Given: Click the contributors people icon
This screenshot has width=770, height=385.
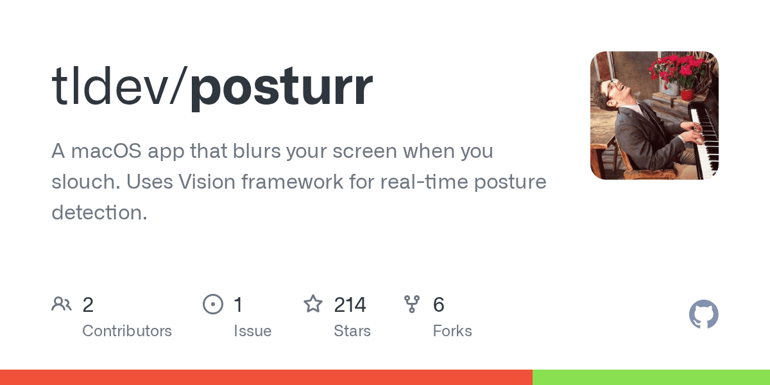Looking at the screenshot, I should pyautogui.click(x=62, y=304).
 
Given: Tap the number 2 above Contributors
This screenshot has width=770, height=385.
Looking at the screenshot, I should pyautogui.click(x=89, y=305).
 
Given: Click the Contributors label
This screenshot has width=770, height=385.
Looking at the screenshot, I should pyautogui.click(x=127, y=331).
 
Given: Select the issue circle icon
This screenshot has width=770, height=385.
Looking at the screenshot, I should pyautogui.click(x=212, y=304).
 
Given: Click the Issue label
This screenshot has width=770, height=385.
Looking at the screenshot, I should pyautogui.click(x=252, y=331).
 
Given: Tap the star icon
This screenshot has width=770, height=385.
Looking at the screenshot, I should pyautogui.click(x=313, y=304).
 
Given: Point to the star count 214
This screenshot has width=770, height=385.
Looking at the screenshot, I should pyautogui.click(x=350, y=305).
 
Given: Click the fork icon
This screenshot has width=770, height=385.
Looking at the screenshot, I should pyautogui.click(x=412, y=304).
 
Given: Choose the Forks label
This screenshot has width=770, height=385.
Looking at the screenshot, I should pyautogui.click(x=452, y=331).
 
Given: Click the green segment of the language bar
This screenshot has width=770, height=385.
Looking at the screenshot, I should pyautogui.click(x=651, y=377).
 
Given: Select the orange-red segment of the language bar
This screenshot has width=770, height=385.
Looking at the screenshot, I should pyautogui.click(x=266, y=377).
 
